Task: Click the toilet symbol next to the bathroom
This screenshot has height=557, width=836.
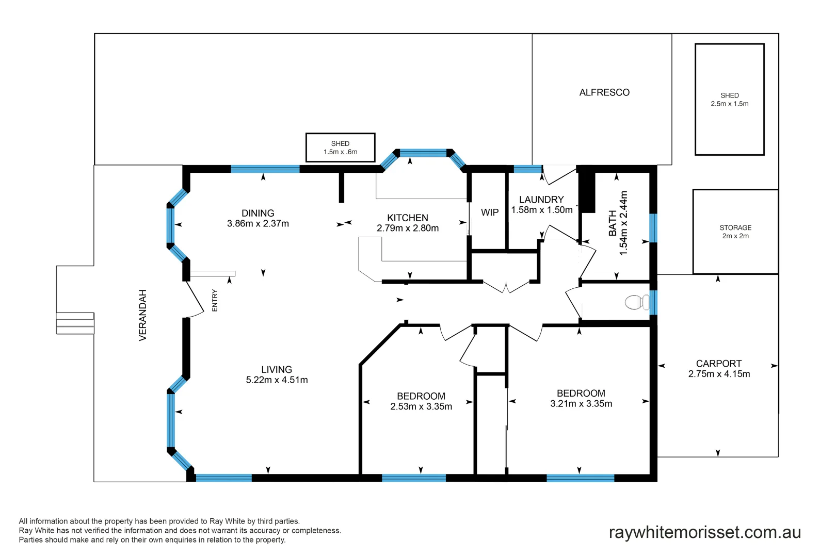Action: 637,302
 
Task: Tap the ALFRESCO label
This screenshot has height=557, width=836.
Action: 604,92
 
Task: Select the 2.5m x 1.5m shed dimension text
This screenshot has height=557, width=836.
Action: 729,104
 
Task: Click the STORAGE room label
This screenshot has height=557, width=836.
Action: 735,227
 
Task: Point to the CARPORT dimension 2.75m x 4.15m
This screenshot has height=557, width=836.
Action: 719,374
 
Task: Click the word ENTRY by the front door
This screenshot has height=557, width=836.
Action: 215,300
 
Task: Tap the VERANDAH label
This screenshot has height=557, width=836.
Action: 143,315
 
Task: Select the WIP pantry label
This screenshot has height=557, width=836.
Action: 489,212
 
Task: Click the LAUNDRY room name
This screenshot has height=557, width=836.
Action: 541,200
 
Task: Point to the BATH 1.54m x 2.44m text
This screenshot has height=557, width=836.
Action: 618,223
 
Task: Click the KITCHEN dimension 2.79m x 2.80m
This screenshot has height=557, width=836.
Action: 407,228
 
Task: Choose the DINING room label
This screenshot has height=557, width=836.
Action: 258,213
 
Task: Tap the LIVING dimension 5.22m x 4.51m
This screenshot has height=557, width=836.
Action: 277,380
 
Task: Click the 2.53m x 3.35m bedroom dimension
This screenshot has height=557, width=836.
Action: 421,406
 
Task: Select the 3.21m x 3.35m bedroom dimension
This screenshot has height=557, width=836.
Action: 581,404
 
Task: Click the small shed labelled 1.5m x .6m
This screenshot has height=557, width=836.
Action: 340,148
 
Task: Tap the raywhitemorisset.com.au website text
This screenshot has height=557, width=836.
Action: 704,532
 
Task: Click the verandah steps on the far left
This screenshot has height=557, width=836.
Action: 75,323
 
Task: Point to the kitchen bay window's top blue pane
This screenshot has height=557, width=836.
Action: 423,153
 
